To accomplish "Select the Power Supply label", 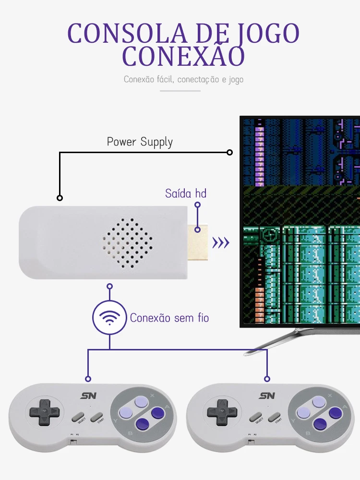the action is coord(140,142).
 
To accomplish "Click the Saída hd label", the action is coord(185,193).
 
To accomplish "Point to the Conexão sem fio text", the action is coord(169,318).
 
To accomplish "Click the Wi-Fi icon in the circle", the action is coord(109,318).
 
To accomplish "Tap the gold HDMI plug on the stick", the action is coord(198,242).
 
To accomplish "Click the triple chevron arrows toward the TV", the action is coord(221,243).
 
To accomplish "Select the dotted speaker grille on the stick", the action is coord(128,243).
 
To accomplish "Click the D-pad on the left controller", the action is coord(45,412).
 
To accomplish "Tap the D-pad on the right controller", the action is coord(222,412).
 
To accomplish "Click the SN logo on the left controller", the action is coord(89,396).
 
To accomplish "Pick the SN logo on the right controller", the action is coord(267,396).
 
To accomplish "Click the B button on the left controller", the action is coord(143,424).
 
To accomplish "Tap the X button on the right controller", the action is coord(319,402).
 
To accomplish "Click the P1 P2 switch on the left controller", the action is coord(73,441).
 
